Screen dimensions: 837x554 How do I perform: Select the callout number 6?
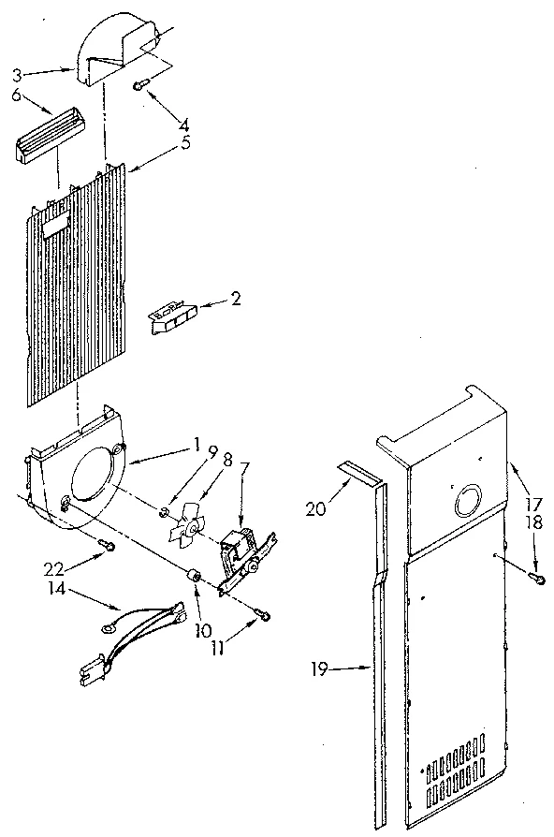(x=17, y=94)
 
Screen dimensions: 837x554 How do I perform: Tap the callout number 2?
(x=236, y=300)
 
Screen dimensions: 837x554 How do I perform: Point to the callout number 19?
(x=321, y=668)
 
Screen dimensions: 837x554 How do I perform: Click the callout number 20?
(x=314, y=508)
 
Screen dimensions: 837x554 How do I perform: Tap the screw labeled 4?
(x=140, y=86)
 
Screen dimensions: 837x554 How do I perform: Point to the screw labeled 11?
(x=262, y=615)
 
